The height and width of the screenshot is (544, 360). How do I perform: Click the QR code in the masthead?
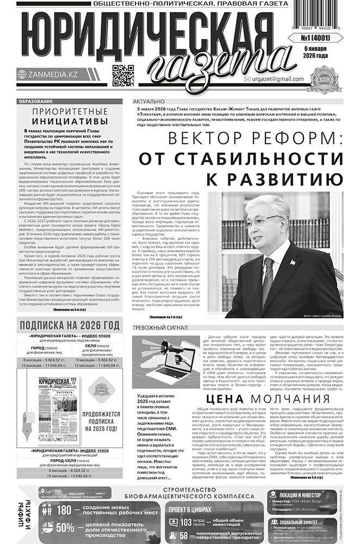point(123,76)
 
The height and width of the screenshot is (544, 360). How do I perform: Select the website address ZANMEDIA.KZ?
point(51,75)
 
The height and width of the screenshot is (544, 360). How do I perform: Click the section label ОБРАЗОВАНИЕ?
point(35,102)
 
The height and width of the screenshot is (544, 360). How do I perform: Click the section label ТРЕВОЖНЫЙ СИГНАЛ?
point(160,328)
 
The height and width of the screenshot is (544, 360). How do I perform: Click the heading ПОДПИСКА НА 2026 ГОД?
point(69,325)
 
